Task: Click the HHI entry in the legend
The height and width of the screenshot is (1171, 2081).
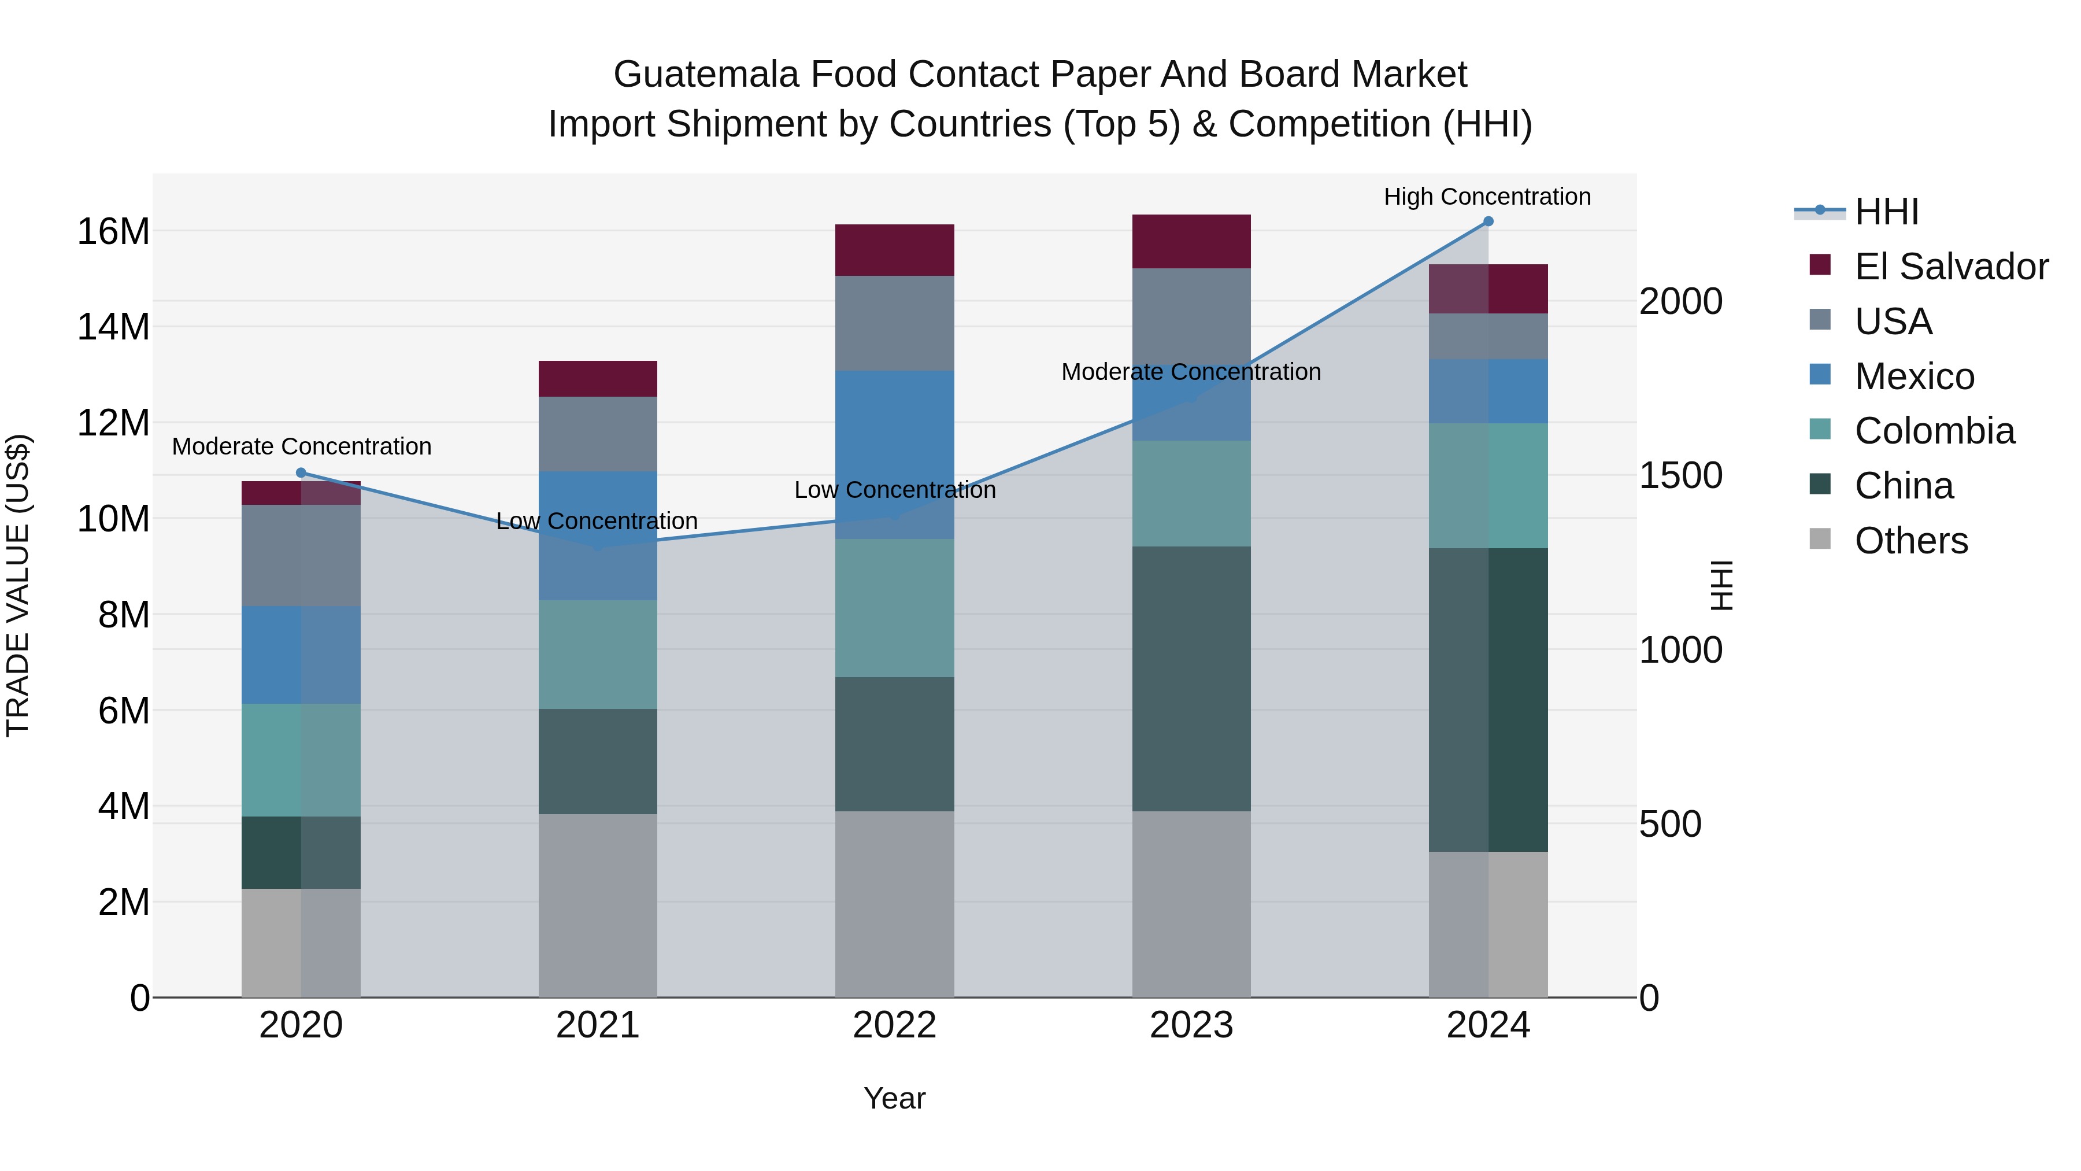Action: coord(1886,212)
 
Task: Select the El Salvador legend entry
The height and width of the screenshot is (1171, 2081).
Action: coord(1950,267)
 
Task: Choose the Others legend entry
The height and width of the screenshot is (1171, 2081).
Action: coord(1910,541)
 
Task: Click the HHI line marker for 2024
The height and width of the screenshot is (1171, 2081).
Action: coord(1488,221)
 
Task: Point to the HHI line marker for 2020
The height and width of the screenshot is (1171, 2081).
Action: coord(301,473)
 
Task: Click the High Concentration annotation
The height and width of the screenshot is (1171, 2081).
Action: coord(1487,197)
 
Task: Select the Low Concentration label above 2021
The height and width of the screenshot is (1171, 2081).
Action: coord(597,521)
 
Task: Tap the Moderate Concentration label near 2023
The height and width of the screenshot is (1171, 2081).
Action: coord(1191,372)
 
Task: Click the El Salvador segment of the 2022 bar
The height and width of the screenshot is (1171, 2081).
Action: coord(894,250)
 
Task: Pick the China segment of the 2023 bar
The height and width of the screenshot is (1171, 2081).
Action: coord(1191,679)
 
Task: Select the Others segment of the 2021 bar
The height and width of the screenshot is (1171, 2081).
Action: coord(598,905)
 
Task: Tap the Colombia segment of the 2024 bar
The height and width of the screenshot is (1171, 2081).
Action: coord(1488,486)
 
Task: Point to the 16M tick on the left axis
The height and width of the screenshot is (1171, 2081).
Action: coord(113,232)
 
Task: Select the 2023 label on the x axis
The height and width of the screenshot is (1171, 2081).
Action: coord(1191,1025)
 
